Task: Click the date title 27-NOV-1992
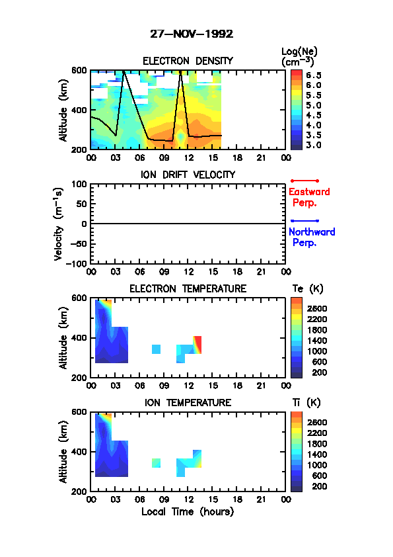(x=192, y=34)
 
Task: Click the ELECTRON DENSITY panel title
(x=188, y=61)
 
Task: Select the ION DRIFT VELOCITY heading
(x=188, y=175)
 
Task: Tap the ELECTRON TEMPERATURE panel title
(x=188, y=289)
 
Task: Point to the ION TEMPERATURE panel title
(x=188, y=402)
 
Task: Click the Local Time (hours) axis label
(x=188, y=512)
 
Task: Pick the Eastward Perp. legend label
(x=309, y=197)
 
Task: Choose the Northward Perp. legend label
(x=312, y=237)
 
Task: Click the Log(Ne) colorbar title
(x=299, y=57)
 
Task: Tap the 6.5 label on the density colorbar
(x=314, y=75)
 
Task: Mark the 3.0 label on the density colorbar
(x=314, y=145)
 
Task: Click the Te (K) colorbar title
(x=308, y=289)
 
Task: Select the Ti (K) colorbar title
(x=306, y=402)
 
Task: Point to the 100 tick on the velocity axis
(x=79, y=184)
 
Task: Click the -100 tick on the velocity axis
(x=77, y=263)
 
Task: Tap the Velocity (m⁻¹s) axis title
(x=59, y=224)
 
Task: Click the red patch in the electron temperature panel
(x=197, y=345)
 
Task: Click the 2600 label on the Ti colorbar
(x=317, y=422)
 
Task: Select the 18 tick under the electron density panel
(x=237, y=157)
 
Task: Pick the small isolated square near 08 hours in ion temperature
(x=156, y=463)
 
